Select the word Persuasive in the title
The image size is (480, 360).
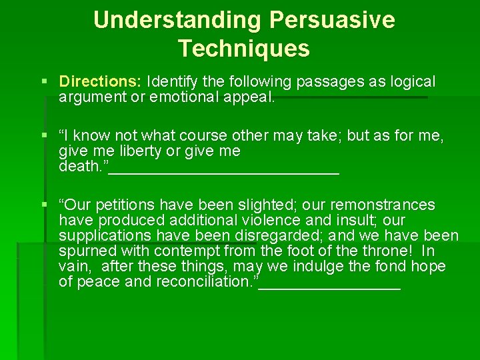click(x=332, y=20)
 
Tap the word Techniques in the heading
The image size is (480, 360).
click(x=244, y=49)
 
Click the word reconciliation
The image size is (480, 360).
click(x=207, y=282)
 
